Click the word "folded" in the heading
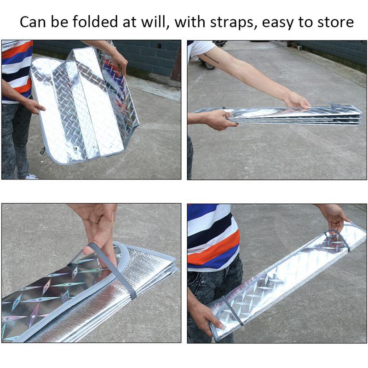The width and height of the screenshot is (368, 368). point(95,22)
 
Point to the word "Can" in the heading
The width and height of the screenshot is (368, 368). point(33,22)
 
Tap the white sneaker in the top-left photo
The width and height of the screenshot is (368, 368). point(31,177)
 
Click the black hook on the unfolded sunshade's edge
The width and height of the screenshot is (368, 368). point(43,150)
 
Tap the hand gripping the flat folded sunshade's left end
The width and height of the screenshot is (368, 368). point(222,120)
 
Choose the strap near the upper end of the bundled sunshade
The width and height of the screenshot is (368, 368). point(338,239)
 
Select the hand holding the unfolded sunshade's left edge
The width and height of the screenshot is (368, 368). point(35,106)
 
